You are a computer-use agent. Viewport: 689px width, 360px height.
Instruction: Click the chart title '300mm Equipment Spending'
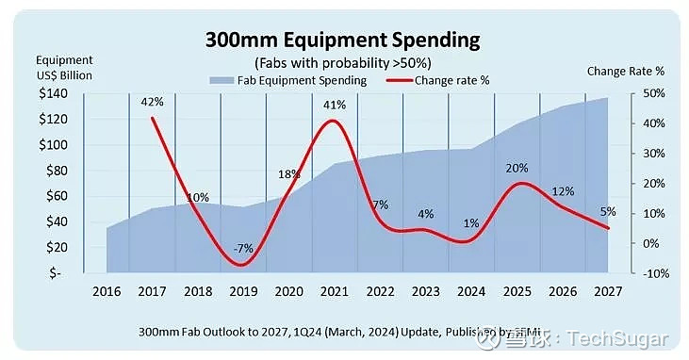pos(343,41)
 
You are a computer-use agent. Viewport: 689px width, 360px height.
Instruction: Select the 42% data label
pos(153,102)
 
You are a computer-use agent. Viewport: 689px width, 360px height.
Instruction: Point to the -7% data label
pos(244,249)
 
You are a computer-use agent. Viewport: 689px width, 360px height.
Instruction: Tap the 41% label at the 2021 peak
pos(336,106)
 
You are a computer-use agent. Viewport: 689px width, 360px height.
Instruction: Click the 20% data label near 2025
pos(517,169)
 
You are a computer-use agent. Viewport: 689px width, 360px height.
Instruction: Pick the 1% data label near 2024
pos(471,224)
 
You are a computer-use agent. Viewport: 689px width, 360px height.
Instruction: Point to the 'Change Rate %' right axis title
pos(625,71)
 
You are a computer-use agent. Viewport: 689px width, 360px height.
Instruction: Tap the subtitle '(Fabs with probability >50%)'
pos(343,62)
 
